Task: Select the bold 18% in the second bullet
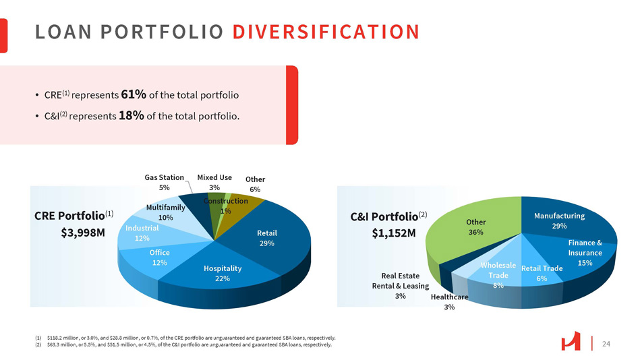(x=131, y=115)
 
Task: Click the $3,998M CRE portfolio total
(x=79, y=233)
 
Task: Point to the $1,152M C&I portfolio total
(x=395, y=233)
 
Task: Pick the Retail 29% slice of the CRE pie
(x=266, y=238)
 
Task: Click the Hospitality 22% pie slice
(x=222, y=273)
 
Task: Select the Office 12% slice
(x=159, y=257)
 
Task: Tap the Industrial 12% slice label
(x=142, y=233)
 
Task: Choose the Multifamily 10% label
(x=165, y=212)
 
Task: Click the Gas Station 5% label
(x=165, y=182)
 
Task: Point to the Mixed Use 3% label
(x=214, y=182)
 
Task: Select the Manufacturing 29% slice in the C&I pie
(x=559, y=220)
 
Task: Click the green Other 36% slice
(x=475, y=227)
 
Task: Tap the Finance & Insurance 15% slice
(x=584, y=252)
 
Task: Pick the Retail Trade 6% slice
(x=542, y=273)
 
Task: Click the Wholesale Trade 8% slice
(x=498, y=275)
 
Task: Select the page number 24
(x=606, y=344)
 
